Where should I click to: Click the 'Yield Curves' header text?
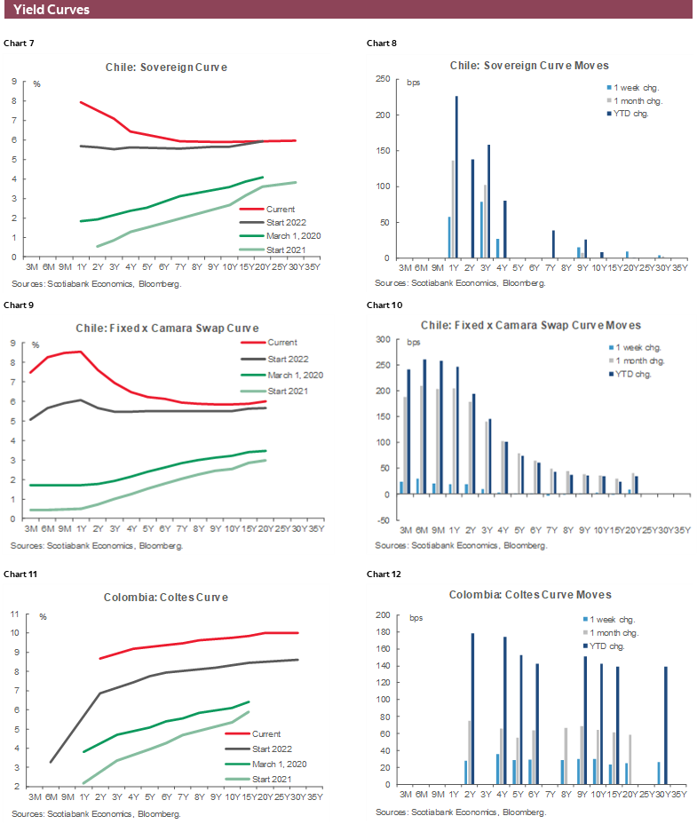51,10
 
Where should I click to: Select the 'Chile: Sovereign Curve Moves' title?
529,66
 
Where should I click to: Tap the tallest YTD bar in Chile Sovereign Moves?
456,177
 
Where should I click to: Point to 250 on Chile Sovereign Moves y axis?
384,79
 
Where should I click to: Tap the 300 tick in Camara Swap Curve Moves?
383,339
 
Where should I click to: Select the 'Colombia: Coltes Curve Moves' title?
530,594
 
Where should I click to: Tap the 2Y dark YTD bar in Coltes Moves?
472,709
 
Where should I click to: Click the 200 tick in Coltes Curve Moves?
384,614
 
